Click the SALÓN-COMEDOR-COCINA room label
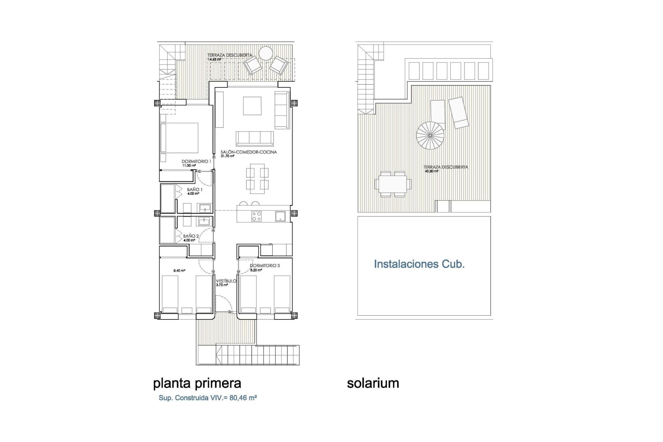click(x=249, y=152)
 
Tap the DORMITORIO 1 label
click(x=196, y=161)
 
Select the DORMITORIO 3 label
click(x=265, y=266)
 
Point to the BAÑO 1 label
click(x=195, y=190)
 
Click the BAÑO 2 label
click(x=191, y=236)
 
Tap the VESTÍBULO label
click(x=226, y=281)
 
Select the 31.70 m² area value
click(x=228, y=156)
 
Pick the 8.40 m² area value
click(x=179, y=271)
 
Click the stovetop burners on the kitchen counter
click(x=257, y=216)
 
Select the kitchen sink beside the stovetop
click(x=280, y=216)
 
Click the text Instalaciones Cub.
click(x=419, y=264)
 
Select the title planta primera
click(x=197, y=383)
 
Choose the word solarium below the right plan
click(x=373, y=383)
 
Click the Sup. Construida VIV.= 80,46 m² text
click(x=208, y=398)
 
